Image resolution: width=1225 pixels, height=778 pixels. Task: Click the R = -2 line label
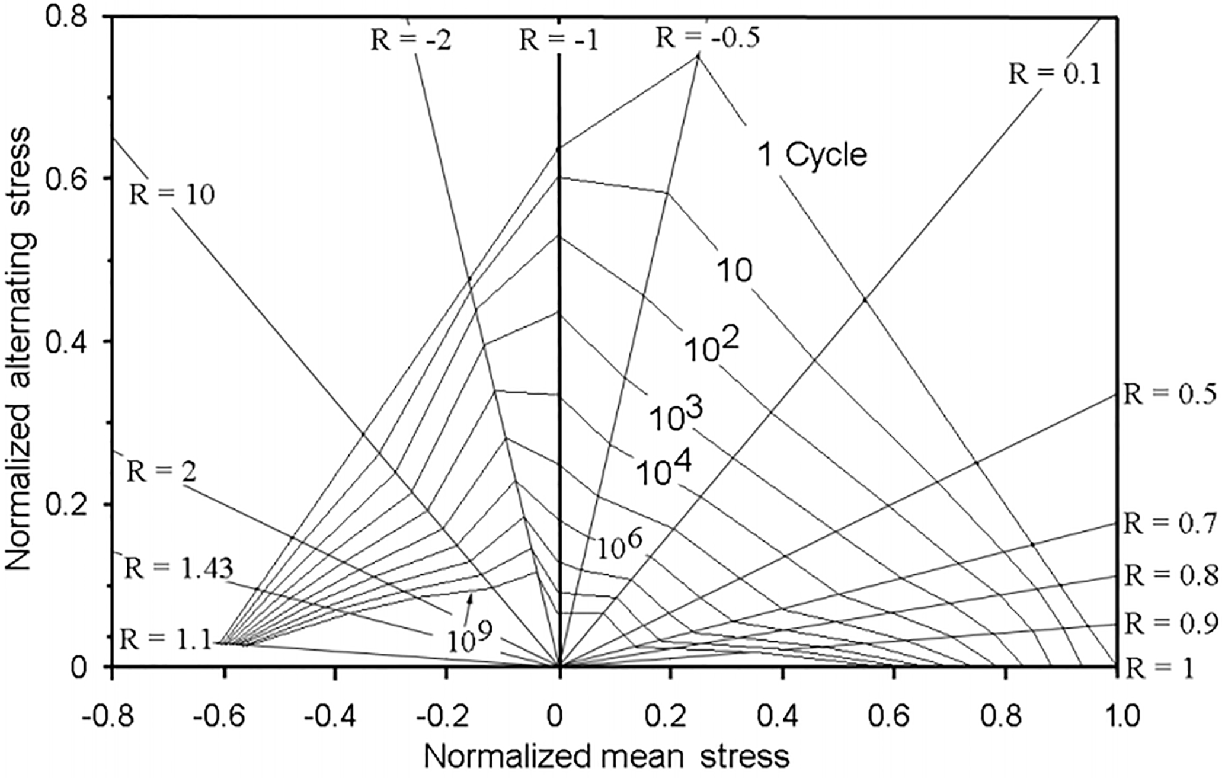tap(411, 41)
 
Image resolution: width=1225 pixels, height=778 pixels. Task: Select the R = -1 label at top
tap(558, 41)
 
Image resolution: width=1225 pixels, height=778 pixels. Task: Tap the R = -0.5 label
tap(708, 38)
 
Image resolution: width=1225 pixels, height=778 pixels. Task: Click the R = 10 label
tap(172, 195)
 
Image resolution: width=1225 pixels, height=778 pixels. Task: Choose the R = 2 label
tap(162, 472)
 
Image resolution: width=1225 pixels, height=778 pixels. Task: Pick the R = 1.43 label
tap(178, 569)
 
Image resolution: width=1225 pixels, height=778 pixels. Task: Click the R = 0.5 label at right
tap(1170, 394)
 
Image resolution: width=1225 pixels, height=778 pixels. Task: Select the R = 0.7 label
tap(1170, 524)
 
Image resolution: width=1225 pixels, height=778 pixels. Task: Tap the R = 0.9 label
tap(1170, 623)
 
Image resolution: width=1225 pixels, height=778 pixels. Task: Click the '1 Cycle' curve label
tap(812, 155)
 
